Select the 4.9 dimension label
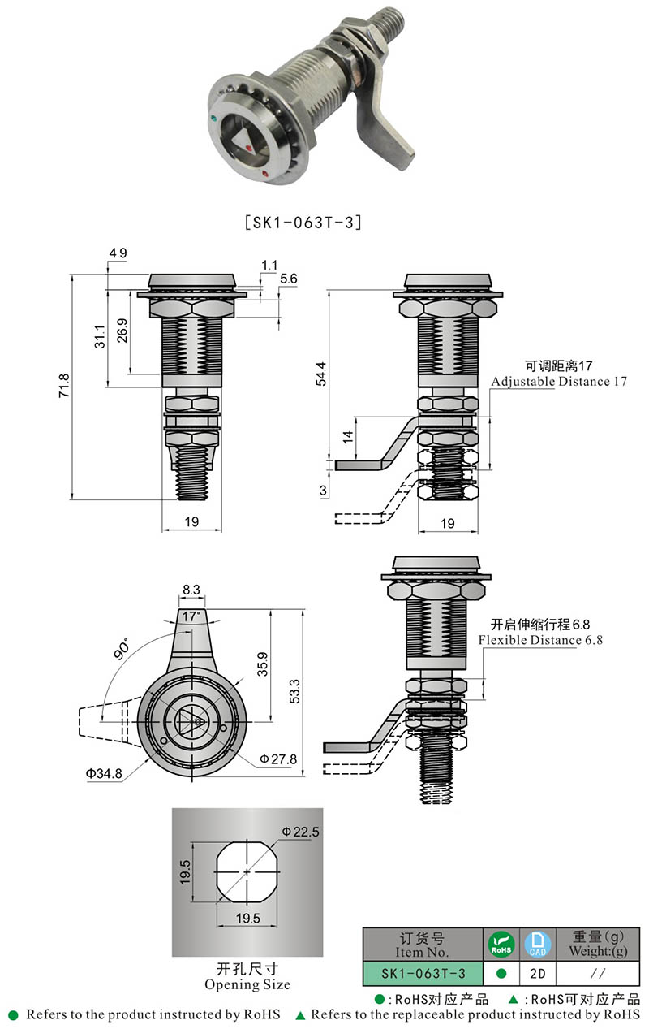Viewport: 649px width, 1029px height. (x=118, y=253)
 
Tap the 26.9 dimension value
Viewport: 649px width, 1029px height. (x=122, y=332)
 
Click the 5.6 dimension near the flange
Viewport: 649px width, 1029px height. (x=288, y=279)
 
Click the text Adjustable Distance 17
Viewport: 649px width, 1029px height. (x=558, y=382)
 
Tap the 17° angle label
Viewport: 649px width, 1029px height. (x=191, y=617)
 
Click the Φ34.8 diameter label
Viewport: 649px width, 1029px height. (x=104, y=774)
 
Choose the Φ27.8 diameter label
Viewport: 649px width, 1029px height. (x=278, y=759)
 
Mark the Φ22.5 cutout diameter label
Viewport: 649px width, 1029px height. (x=300, y=832)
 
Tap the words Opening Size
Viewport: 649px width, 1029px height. (x=247, y=984)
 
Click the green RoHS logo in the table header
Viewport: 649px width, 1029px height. (x=501, y=945)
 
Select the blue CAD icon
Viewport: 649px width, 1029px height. (x=536, y=945)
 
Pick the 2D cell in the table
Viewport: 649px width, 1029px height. (x=536, y=973)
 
